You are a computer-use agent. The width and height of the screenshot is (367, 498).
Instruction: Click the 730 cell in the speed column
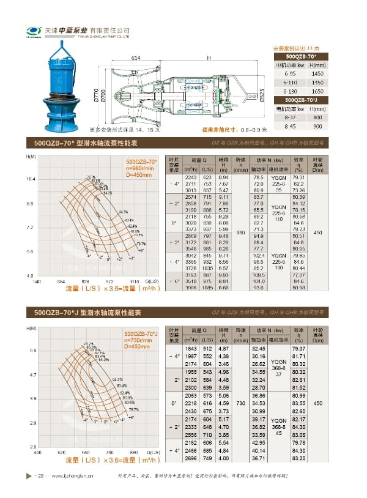point(240,404)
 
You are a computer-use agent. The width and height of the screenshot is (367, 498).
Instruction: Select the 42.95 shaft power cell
point(258,442)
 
